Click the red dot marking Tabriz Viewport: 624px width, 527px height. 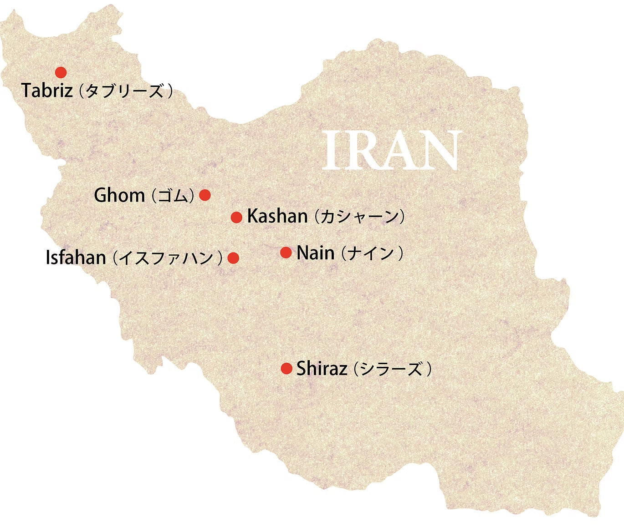(x=61, y=72)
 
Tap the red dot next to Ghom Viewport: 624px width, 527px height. (x=205, y=195)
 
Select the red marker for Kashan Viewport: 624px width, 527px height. (x=236, y=218)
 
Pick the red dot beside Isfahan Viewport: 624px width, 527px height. (x=233, y=258)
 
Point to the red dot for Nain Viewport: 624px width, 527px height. (x=286, y=253)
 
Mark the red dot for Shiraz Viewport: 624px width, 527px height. (x=286, y=369)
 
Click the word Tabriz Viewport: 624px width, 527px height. (x=47, y=91)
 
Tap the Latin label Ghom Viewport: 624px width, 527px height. (x=119, y=196)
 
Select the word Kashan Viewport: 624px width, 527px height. (x=277, y=216)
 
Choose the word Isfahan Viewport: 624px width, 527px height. (x=76, y=258)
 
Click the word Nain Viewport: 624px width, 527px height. (x=315, y=253)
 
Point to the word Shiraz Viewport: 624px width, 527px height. (x=322, y=369)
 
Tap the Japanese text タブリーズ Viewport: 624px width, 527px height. (x=124, y=91)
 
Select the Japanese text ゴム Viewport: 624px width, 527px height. (x=173, y=196)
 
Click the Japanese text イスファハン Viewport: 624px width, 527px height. (x=167, y=258)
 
